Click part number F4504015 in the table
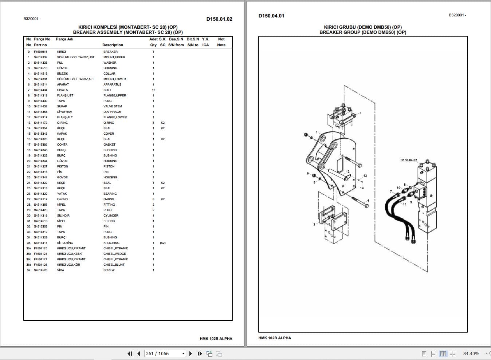click(x=40, y=52)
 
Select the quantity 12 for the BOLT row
click(x=153, y=90)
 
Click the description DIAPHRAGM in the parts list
click(x=112, y=112)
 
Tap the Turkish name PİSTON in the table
click(x=62, y=166)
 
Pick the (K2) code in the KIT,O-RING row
click(x=162, y=243)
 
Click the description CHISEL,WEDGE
click(x=114, y=254)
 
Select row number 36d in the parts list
click(x=29, y=265)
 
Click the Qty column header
click(x=153, y=45)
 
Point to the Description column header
click(x=113, y=45)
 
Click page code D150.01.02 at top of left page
click(x=219, y=19)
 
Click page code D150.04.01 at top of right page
click(x=271, y=16)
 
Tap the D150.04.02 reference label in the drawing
click(x=408, y=160)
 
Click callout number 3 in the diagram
click(x=360, y=113)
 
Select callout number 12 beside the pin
click(x=347, y=171)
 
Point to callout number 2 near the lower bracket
click(x=314, y=224)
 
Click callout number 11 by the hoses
click(x=405, y=205)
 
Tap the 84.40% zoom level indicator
click(x=471, y=353)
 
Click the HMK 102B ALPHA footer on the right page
click(x=275, y=338)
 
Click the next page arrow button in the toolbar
click(x=190, y=353)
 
